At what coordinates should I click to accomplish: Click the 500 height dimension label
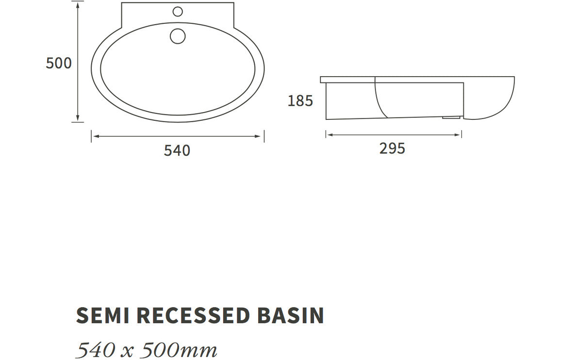pos(59,63)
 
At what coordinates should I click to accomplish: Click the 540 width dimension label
pos(177,150)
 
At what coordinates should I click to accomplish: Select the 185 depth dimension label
pos(300,101)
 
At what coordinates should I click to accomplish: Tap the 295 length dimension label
pos(392,148)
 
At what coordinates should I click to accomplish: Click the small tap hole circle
pos(178,12)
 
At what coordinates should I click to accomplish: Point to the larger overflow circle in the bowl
pos(178,36)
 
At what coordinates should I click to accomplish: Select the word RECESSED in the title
pos(193,315)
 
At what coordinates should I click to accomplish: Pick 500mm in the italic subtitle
pos(184,349)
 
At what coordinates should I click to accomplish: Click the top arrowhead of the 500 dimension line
pos(78,5)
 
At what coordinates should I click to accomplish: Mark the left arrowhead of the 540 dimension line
pos(95,136)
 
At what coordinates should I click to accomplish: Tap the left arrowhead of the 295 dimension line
pos(329,134)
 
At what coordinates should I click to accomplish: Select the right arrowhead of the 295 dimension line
pos(459,134)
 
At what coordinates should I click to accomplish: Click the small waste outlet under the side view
pos(451,117)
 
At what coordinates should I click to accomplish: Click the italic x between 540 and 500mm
pos(128,351)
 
